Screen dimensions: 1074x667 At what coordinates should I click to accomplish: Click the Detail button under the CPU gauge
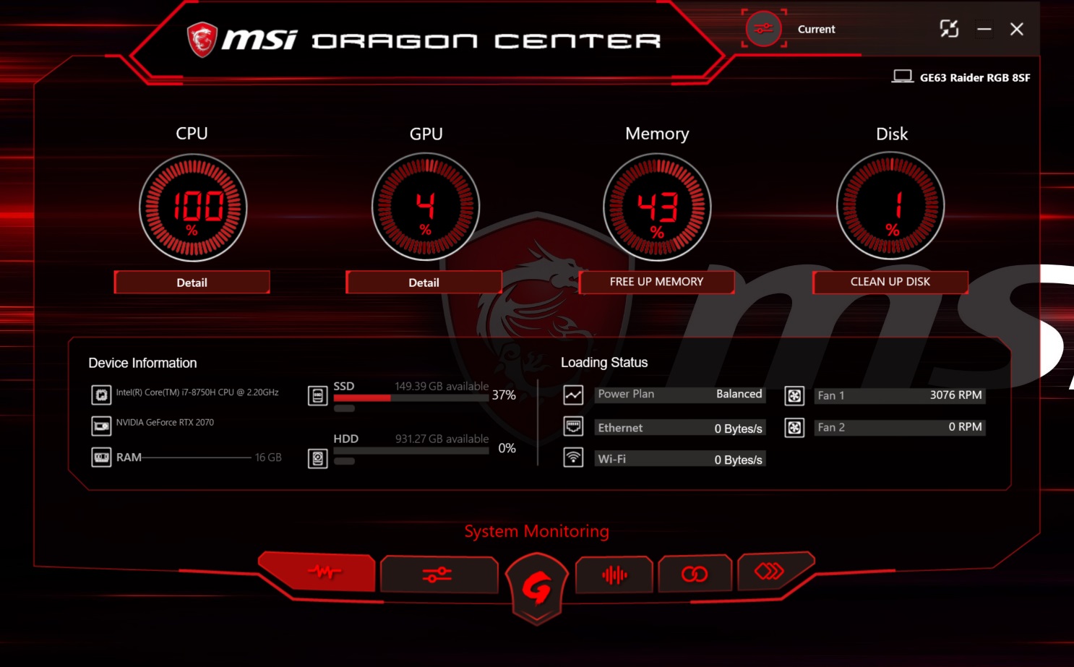(x=192, y=283)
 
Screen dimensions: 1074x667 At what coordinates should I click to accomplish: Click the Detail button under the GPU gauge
(x=424, y=283)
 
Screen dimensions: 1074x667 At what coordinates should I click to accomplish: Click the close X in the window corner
(x=1016, y=29)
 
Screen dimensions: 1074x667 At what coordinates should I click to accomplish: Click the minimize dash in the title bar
(x=984, y=29)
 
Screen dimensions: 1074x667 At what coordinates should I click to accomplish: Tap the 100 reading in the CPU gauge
(x=198, y=206)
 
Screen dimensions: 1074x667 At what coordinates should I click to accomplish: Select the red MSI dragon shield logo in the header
(x=202, y=39)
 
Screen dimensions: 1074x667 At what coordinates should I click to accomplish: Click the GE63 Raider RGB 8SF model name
(x=975, y=77)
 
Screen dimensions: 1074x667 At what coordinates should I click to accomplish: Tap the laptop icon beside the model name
(x=902, y=77)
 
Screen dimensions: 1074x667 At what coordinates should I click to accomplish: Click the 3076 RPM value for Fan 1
(x=955, y=395)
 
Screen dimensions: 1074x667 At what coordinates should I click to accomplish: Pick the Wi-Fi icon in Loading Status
(x=573, y=458)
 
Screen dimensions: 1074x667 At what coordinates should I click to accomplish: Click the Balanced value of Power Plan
(x=739, y=394)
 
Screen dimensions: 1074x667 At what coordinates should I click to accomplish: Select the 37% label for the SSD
(x=504, y=395)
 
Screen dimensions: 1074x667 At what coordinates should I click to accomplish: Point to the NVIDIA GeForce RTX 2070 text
(x=165, y=423)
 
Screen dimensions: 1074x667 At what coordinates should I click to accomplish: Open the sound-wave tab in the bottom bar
(x=614, y=575)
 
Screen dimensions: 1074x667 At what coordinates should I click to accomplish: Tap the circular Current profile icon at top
(x=763, y=29)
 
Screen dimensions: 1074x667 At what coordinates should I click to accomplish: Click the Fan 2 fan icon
(x=794, y=427)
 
